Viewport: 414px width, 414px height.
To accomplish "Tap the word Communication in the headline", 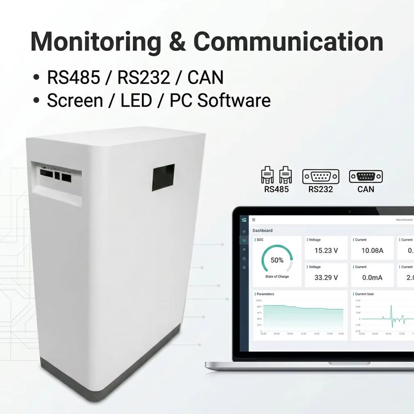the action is tap(288, 42).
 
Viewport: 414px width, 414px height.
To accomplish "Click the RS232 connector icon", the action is tap(320, 176).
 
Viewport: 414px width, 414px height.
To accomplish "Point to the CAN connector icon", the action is tap(366, 176).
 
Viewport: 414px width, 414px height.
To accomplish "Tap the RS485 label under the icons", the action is tap(276, 189).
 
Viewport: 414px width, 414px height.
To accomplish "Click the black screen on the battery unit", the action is tap(163, 177).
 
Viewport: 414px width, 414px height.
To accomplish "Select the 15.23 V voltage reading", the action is tap(326, 251).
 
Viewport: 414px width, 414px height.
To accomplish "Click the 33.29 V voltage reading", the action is tap(326, 277).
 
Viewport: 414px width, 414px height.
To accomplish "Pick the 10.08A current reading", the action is tap(372, 251).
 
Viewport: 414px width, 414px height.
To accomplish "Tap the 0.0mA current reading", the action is tap(372, 277).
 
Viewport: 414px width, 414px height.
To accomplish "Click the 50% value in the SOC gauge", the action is tap(277, 260).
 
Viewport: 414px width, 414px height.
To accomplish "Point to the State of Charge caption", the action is tap(277, 276).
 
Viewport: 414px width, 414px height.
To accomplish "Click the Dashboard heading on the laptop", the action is tap(263, 231).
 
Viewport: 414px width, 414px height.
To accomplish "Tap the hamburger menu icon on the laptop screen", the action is tap(254, 220).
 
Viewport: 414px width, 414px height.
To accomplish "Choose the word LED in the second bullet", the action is tap(136, 100).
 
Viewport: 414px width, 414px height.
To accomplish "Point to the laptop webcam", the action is tap(349, 211).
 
